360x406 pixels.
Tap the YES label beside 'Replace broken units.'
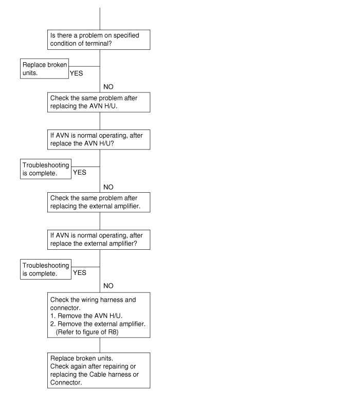(77, 73)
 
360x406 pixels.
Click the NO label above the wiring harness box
(109, 286)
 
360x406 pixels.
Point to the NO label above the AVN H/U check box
(109, 87)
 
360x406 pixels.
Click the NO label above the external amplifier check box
(109, 187)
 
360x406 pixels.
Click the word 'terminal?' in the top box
(100, 44)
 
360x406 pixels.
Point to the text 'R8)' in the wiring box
(113, 332)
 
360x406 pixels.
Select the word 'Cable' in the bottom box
(98, 375)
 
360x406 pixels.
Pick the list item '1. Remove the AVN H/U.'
(86, 316)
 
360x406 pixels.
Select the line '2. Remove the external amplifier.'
(98, 324)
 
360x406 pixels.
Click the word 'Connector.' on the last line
(66, 382)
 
